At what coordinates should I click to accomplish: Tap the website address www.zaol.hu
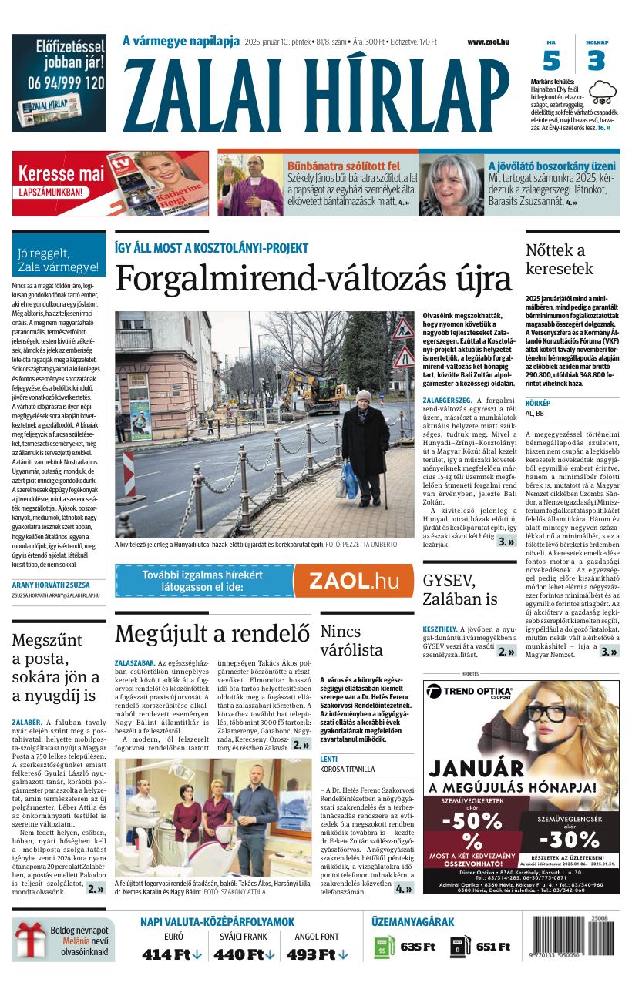tap(488, 42)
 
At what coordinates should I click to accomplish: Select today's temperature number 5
tap(551, 61)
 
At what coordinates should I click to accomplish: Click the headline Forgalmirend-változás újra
tap(314, 278)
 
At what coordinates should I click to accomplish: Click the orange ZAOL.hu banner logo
tap(353, 580)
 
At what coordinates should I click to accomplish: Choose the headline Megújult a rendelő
tap(212, 633)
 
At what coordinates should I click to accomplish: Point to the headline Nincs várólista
tap(350, 641)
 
